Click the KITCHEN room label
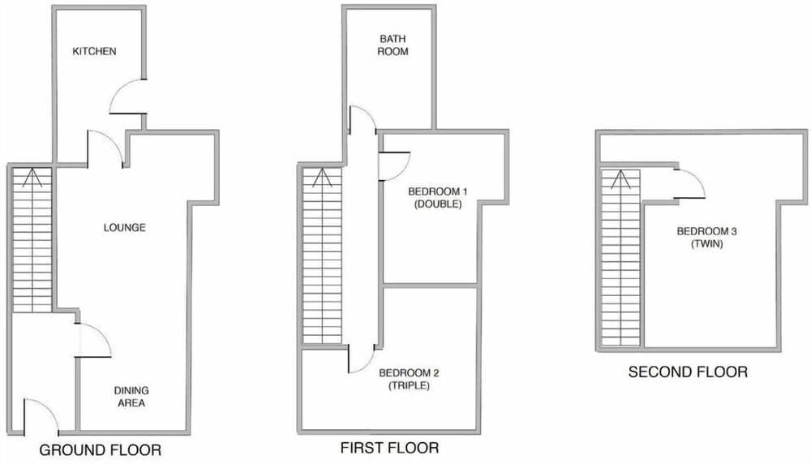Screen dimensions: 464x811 (95, 52)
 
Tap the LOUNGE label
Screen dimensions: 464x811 (125, 227)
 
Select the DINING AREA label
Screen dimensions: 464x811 (131, 397)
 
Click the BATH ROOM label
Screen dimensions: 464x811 (393, 45)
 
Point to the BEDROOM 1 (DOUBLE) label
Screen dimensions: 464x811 (438, 197)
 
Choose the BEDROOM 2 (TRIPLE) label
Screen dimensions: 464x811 (409, 379)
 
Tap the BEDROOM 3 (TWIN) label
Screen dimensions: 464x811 (701, 237)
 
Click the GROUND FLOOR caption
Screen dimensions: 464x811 (101, 450)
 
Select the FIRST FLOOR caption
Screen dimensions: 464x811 (390, 448)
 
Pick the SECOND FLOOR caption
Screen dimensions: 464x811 (688, 372)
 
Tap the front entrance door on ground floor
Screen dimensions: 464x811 (41, 415)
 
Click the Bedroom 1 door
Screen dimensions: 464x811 (393, 165)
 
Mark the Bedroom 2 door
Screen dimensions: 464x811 (361, 358)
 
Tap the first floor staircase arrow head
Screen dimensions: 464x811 (323, 175)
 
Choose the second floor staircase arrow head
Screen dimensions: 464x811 (620, 176)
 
